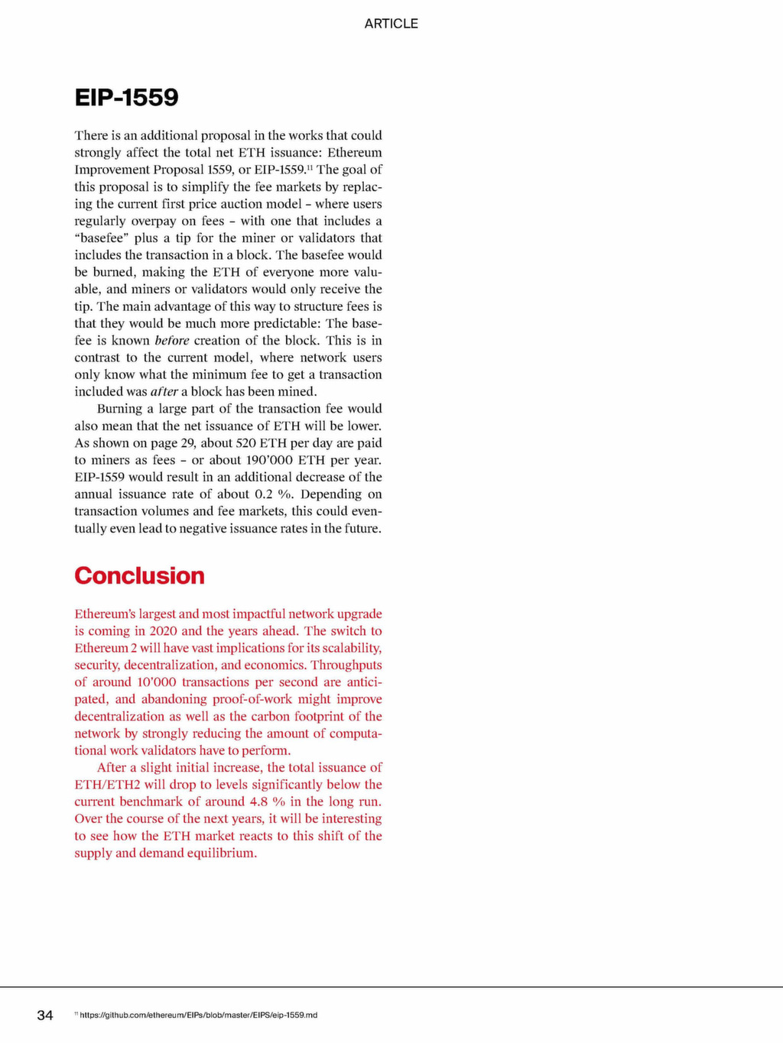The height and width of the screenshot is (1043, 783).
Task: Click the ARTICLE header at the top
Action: pyautogui.click(x=391, y=24)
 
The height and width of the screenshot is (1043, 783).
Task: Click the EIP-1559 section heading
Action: pyautogui.click(x=126, y=98)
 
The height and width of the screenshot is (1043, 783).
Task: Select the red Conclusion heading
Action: pyautogui.click(x=139, y=575)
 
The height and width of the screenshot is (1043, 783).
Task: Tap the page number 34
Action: pyautogui.click(x=45, y=1015)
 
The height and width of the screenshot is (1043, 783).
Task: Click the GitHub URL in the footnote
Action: pyautogui.click(x=198, y=1015)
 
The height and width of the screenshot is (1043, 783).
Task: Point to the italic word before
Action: pyautogui.click(x=171, y=341)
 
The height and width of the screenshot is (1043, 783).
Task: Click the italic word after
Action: pyautogui.click(x=164, y=392)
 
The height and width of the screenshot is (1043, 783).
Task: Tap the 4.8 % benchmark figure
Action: pyautogui.click(x=267, y=802)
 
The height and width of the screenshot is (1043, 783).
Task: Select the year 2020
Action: pyautogui.click(x=163, y=631)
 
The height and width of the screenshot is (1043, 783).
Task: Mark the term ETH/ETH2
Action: pyautogui.click(x=107, y=785)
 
